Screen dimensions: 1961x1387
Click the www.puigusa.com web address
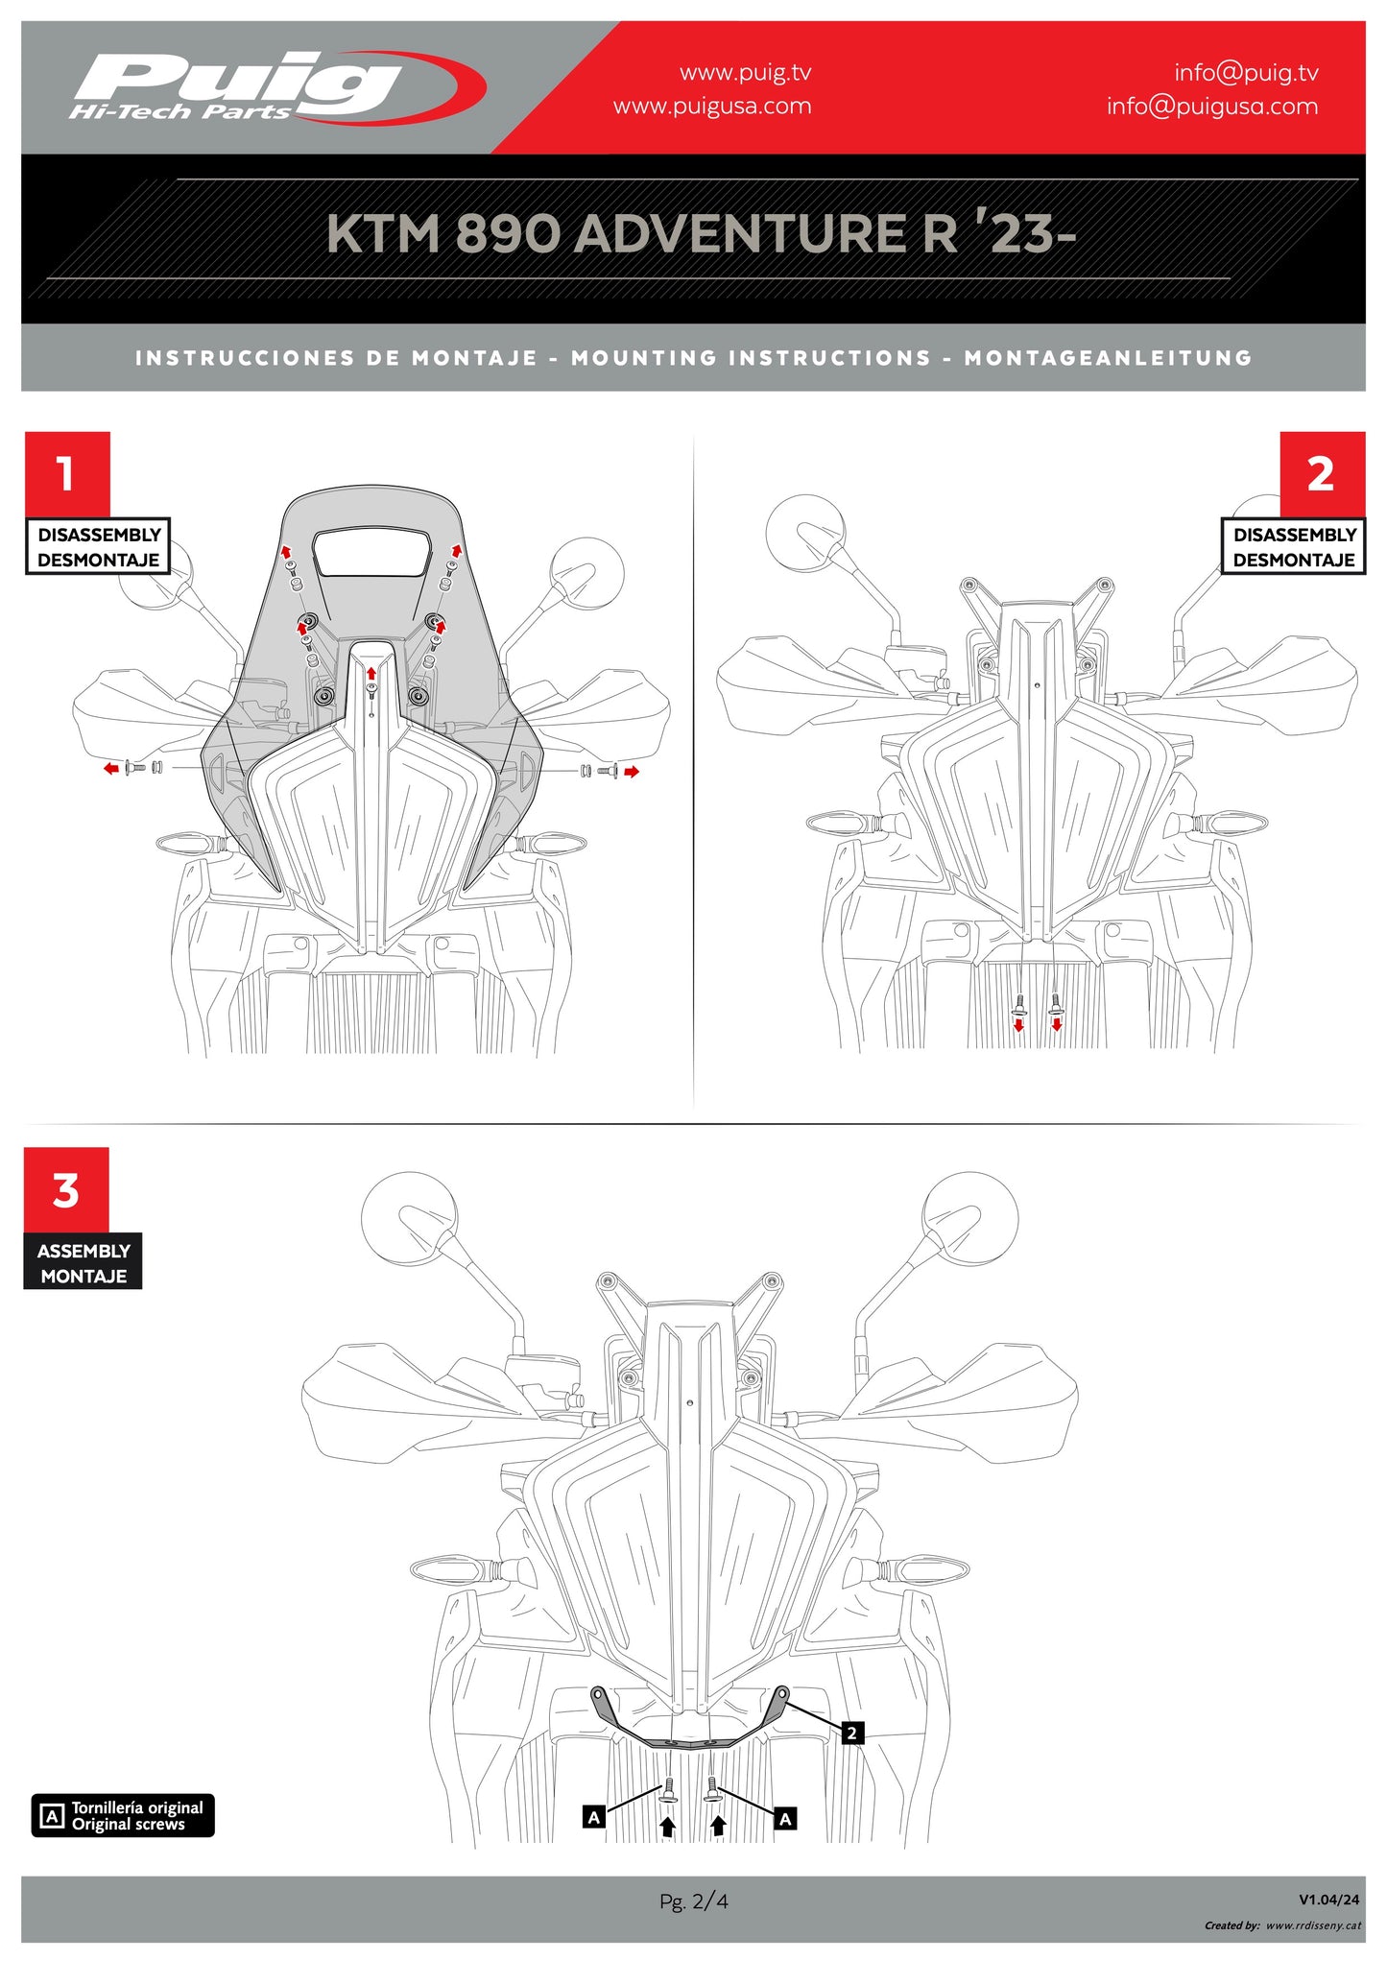point(712,107)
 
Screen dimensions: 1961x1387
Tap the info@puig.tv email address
point(1246,73)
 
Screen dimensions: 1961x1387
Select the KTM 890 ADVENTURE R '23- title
point(701,234)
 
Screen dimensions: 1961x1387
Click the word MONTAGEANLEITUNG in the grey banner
point(1109,358)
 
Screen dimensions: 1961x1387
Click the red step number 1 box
point(66,473)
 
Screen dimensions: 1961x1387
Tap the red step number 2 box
point(1321,473)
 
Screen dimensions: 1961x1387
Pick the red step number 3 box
point(66,1189)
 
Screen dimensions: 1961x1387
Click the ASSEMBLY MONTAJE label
point(84,1263)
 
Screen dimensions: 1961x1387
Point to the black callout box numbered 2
point(851,1733)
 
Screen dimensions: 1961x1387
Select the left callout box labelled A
point(594,1817)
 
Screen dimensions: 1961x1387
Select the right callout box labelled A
point(785,1818)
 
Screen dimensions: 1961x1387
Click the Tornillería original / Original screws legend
point(123,1815)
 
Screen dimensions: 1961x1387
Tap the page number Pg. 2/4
point(693,1901)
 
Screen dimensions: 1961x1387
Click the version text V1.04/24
point(1328,1899)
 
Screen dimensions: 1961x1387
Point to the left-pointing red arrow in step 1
point(111,768)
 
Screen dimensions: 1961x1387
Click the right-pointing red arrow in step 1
point(631,771)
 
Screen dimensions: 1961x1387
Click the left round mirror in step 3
point(408,1218)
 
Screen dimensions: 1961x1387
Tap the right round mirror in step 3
point(970,1218)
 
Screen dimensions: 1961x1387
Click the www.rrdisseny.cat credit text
point(1312,1925)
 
